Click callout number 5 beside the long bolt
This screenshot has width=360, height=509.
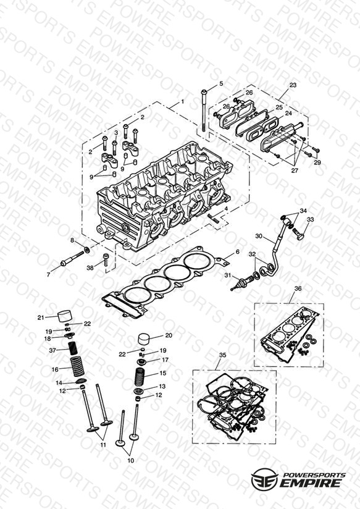(221, 83)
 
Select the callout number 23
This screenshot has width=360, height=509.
(293, 85)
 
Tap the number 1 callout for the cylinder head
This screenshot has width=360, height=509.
(182, 101)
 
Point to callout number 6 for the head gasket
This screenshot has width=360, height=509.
(237, 252)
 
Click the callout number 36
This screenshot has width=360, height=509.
(298, 288)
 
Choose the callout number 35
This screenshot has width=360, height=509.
(222, 355)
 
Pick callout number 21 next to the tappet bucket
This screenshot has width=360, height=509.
(41, 318)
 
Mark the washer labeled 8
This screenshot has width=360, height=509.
(87, 250)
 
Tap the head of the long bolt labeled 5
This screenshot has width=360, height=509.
(204, 92)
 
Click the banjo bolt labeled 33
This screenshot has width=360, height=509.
(298, 233)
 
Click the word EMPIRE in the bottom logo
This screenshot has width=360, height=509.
(312, 482)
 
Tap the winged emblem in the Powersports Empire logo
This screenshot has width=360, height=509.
(264, 479)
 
